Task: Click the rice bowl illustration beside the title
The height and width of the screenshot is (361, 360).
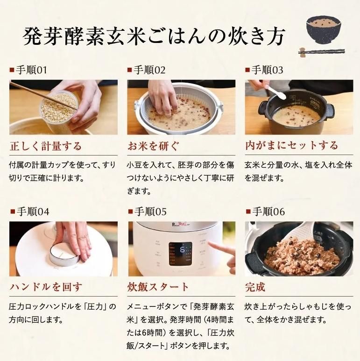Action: pyautogui.click(x=324, y=30)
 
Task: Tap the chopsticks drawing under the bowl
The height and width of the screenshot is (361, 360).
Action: pyautogui.click(x=322, y=52)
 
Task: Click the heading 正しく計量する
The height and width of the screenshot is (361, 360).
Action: pyautogui.click(x=46, y=146)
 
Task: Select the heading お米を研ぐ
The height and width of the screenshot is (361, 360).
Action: pyautogui.click(x=153, y=146)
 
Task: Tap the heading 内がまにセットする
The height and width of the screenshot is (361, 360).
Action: pyautogui.click(x=292, y=146)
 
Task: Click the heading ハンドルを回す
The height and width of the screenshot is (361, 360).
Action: pyautogui.click(x=46, y=287)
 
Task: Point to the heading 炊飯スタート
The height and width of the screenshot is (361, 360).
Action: pyautogui.click(x=158, y=287)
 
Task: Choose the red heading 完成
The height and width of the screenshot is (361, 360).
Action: pyautogui.click(x=255, y=287)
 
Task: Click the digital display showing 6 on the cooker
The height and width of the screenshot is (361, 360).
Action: pyautogui.click(x=180, y=254)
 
